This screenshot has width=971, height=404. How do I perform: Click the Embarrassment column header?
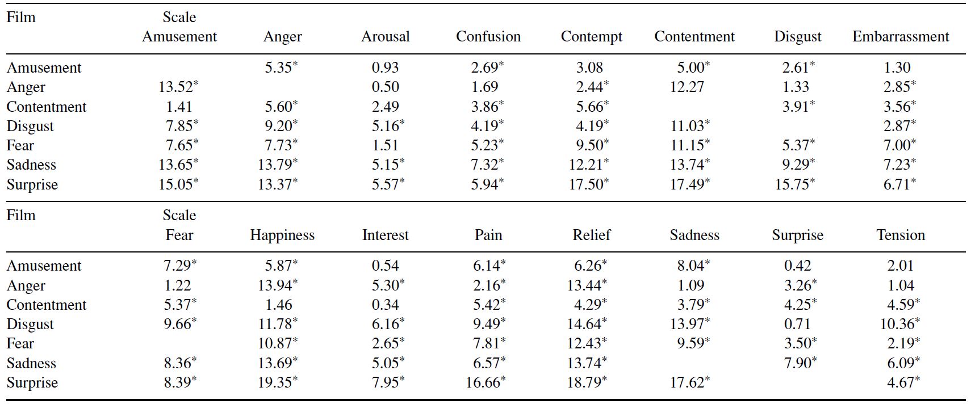point(901,37)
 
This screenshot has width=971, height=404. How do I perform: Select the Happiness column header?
point(282,235)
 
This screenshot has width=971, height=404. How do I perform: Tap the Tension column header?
point(901,235)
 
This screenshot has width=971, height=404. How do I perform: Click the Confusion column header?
point(488,37)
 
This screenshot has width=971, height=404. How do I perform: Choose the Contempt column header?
point(592,37)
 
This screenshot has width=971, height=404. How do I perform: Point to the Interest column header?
point(386,235)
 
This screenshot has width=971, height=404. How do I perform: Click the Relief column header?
point(592,235)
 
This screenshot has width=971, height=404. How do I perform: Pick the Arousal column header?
point(386,37)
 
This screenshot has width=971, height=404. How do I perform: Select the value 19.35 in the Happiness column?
point(275,382)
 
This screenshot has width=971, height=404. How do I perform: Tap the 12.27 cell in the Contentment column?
point(687,87)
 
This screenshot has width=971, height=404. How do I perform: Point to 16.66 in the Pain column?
point(483,382)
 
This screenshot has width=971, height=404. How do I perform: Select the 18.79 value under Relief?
point(584,382)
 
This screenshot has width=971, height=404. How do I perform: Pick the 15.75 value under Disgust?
point(792,184)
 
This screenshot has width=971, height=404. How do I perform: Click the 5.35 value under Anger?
point(278,68)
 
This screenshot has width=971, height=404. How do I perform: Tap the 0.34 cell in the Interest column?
point(386,305)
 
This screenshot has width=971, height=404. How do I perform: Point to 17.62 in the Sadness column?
point(688,382)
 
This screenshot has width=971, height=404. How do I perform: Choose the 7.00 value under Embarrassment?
point(897,145)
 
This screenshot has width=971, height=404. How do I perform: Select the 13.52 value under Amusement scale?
point(176,87)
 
